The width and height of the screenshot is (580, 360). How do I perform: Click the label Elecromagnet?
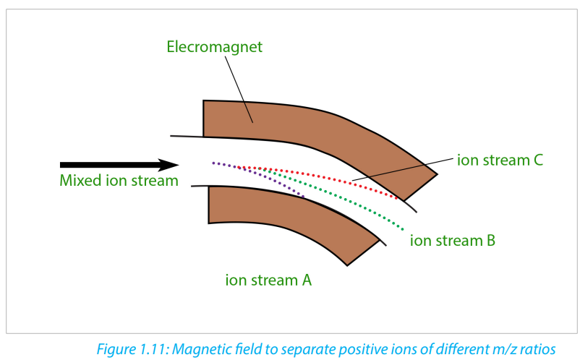(x=215, y=47)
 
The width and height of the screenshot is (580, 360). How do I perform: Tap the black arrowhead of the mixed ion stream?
(x=169, y=165)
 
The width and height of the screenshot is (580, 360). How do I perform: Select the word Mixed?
(x=81, y=181)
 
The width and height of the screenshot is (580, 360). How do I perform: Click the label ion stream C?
(x=500, y=160)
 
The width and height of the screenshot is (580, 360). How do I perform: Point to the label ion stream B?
(x=453, y=241)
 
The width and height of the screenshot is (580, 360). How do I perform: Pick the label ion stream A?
(x=268, y=280)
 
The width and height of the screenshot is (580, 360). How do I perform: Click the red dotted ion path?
(x=318, y=175)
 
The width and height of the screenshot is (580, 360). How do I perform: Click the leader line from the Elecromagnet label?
(x=239, y=89)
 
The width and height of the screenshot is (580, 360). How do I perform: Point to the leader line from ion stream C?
(x=402, y=170)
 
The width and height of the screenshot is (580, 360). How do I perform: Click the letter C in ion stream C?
(x=538, y=160)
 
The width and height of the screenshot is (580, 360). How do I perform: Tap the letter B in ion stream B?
(x=491, y=241)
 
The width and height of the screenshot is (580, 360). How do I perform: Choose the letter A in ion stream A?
(x=307, y=280)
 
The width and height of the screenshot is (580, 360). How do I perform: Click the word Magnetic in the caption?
(x=199, y=349)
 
